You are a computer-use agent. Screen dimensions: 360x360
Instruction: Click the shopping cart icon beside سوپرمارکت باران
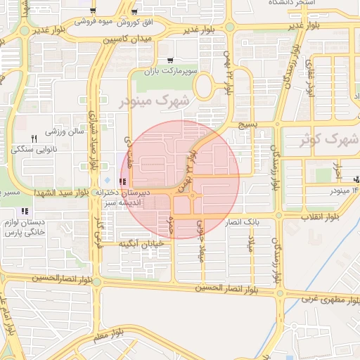[x=171, y=63]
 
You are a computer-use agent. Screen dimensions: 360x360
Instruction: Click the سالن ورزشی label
[x=65, y=131]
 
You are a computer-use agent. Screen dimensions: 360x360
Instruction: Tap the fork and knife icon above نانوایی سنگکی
[x=34, y=137]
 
